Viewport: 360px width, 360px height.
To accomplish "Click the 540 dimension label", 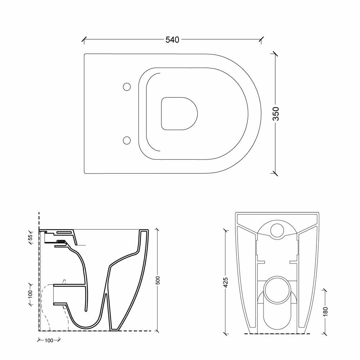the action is coord(172,40).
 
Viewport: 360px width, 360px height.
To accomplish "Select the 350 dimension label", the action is coord(276,114).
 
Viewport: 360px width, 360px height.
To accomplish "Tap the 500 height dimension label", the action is coord(158,280).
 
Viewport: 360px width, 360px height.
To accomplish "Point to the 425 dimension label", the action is coord(226,282).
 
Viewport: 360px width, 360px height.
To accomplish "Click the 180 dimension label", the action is coord(325,311).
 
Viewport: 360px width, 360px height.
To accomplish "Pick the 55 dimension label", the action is coord(30,237).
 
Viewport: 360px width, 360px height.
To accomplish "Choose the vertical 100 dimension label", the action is coord(30,294).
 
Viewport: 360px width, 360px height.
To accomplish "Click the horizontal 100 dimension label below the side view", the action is coord(49,340).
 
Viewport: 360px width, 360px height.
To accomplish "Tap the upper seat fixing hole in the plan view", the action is coord(127,87).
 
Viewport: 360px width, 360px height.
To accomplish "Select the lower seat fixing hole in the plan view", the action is coord(127,140).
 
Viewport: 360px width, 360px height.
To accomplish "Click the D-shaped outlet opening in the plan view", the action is coord(179,114).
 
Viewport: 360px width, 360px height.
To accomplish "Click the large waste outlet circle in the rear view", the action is coord(277,290).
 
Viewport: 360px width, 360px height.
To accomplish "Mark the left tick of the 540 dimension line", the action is coord(84,39).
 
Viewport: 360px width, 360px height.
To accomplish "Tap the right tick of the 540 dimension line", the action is coord(261,39).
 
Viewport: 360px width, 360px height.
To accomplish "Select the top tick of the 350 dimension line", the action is coord(275,54).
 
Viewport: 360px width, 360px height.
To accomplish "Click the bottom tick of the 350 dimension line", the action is coord(275,173).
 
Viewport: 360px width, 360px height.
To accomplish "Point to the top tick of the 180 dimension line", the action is coord(324,290).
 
